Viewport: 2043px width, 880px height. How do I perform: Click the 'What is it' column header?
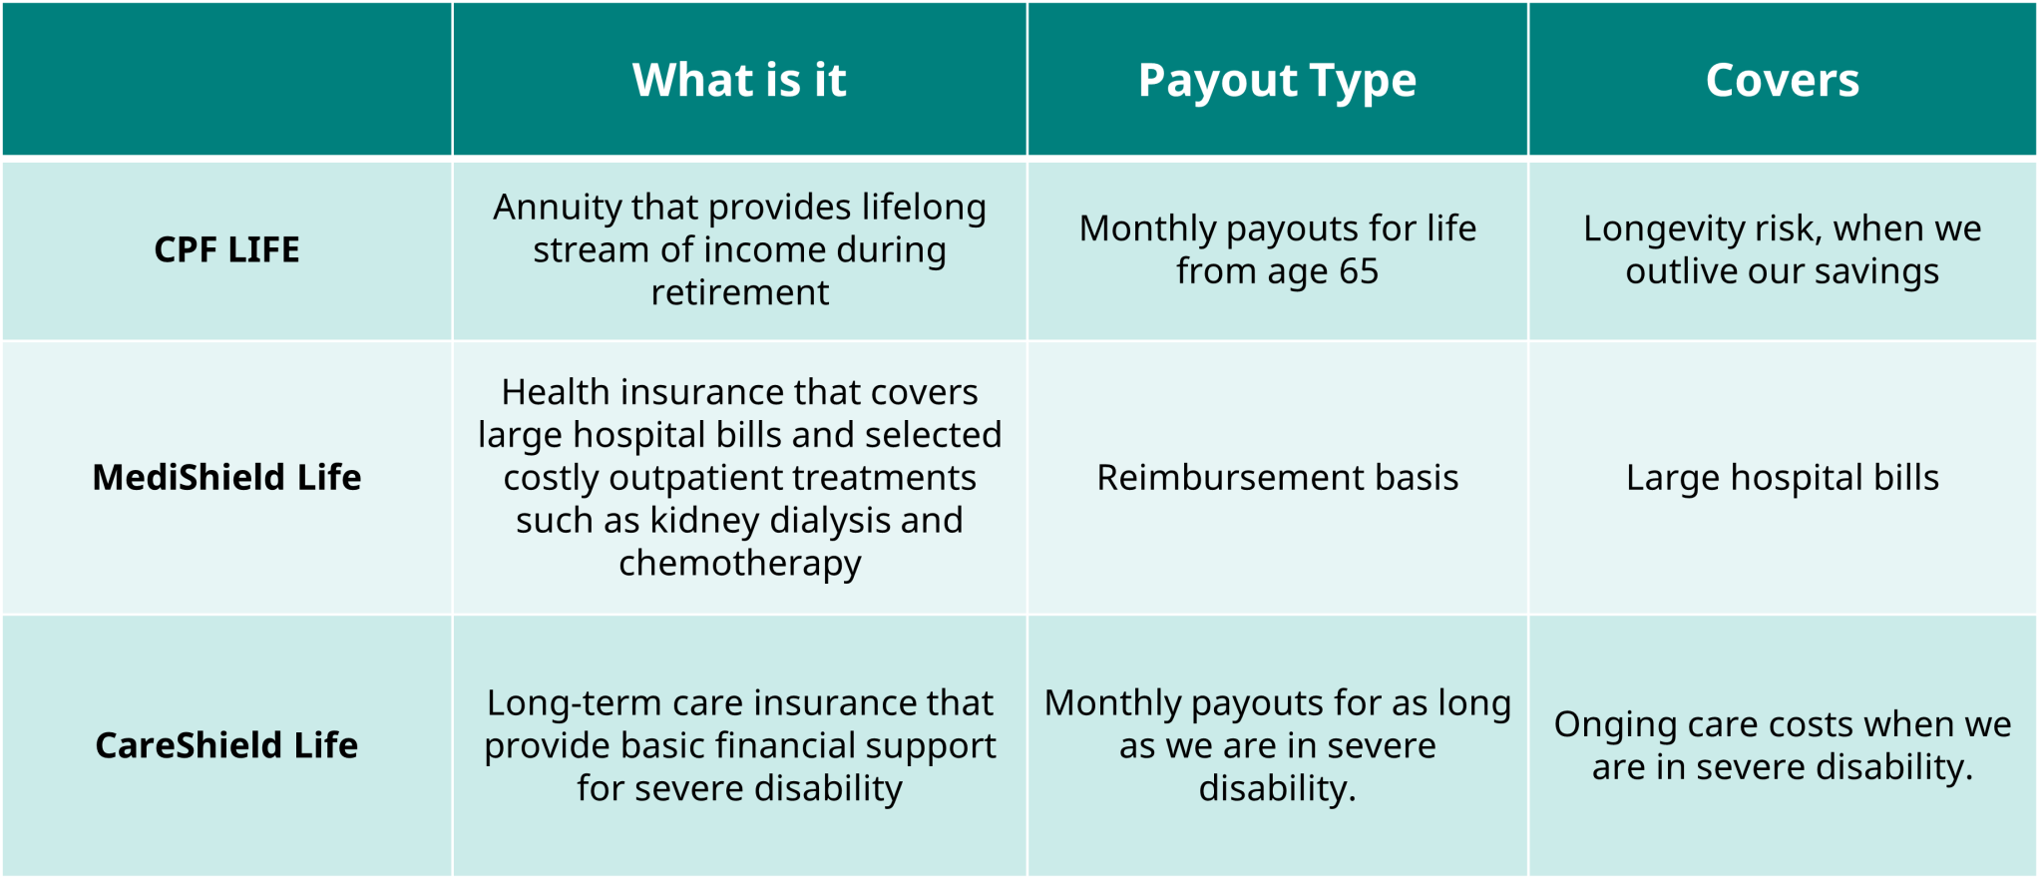[739, 80]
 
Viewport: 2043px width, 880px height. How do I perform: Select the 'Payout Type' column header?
[1277, 80]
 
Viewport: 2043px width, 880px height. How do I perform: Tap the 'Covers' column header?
[1782, 80]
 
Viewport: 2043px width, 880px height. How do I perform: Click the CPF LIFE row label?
[226, 249]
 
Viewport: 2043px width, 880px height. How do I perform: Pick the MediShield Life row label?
[226, 477]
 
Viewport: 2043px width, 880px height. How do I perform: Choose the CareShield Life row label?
[226, 745]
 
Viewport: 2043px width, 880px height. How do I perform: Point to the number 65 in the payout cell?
[1359, 271]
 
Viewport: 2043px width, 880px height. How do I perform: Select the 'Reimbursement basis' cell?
[1277, 477]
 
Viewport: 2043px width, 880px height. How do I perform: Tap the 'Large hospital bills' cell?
[1782, 477]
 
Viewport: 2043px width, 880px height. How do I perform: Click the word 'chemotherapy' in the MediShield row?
[739, 564]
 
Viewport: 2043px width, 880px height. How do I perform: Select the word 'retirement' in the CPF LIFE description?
[739, 292]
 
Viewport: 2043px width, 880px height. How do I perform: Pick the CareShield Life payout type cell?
[1277, 745]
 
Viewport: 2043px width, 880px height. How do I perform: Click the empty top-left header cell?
[226, 80]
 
